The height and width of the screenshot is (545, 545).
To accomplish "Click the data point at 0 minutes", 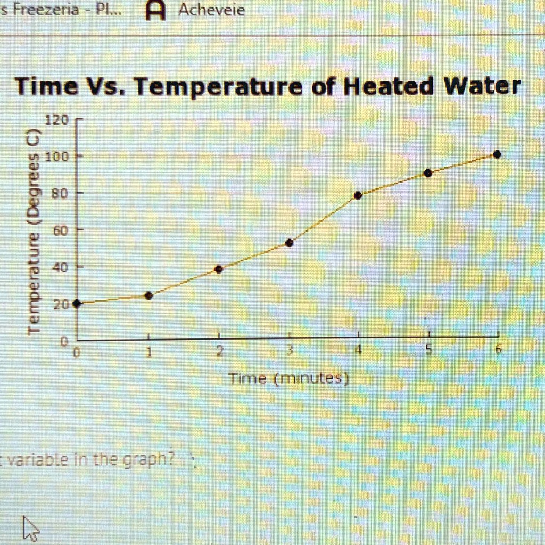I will tap(77, 303).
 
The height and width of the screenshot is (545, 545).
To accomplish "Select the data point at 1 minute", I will tap(149, 295).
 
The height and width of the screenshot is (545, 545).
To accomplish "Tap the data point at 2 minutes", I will tap(218, 269).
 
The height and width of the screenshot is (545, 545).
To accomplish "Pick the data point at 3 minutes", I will tap(290, 243).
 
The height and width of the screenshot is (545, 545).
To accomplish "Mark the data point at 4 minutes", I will tap(358, 195).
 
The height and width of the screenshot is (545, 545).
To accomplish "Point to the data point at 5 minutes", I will tap(428, 173).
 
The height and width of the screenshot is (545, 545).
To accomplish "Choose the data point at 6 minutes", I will tap(497, 154).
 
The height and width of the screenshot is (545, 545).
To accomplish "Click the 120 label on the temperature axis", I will tap(56, 120).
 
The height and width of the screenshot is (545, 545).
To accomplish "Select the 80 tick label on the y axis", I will tap(59, 194).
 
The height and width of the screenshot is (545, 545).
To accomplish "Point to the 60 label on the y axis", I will tap(59, 230).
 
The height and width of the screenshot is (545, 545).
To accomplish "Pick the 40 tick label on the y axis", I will tap(59, 267).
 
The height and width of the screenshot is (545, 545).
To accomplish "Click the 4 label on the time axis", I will tap(359, 351).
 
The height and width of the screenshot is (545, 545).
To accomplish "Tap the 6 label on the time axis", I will tap(498, 351).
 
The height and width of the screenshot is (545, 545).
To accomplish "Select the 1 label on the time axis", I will tap(150, 352).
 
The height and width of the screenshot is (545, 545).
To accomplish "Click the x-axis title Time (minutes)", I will tap(288, 379).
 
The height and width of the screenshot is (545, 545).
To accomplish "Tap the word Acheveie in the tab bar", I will tap(211, 10).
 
